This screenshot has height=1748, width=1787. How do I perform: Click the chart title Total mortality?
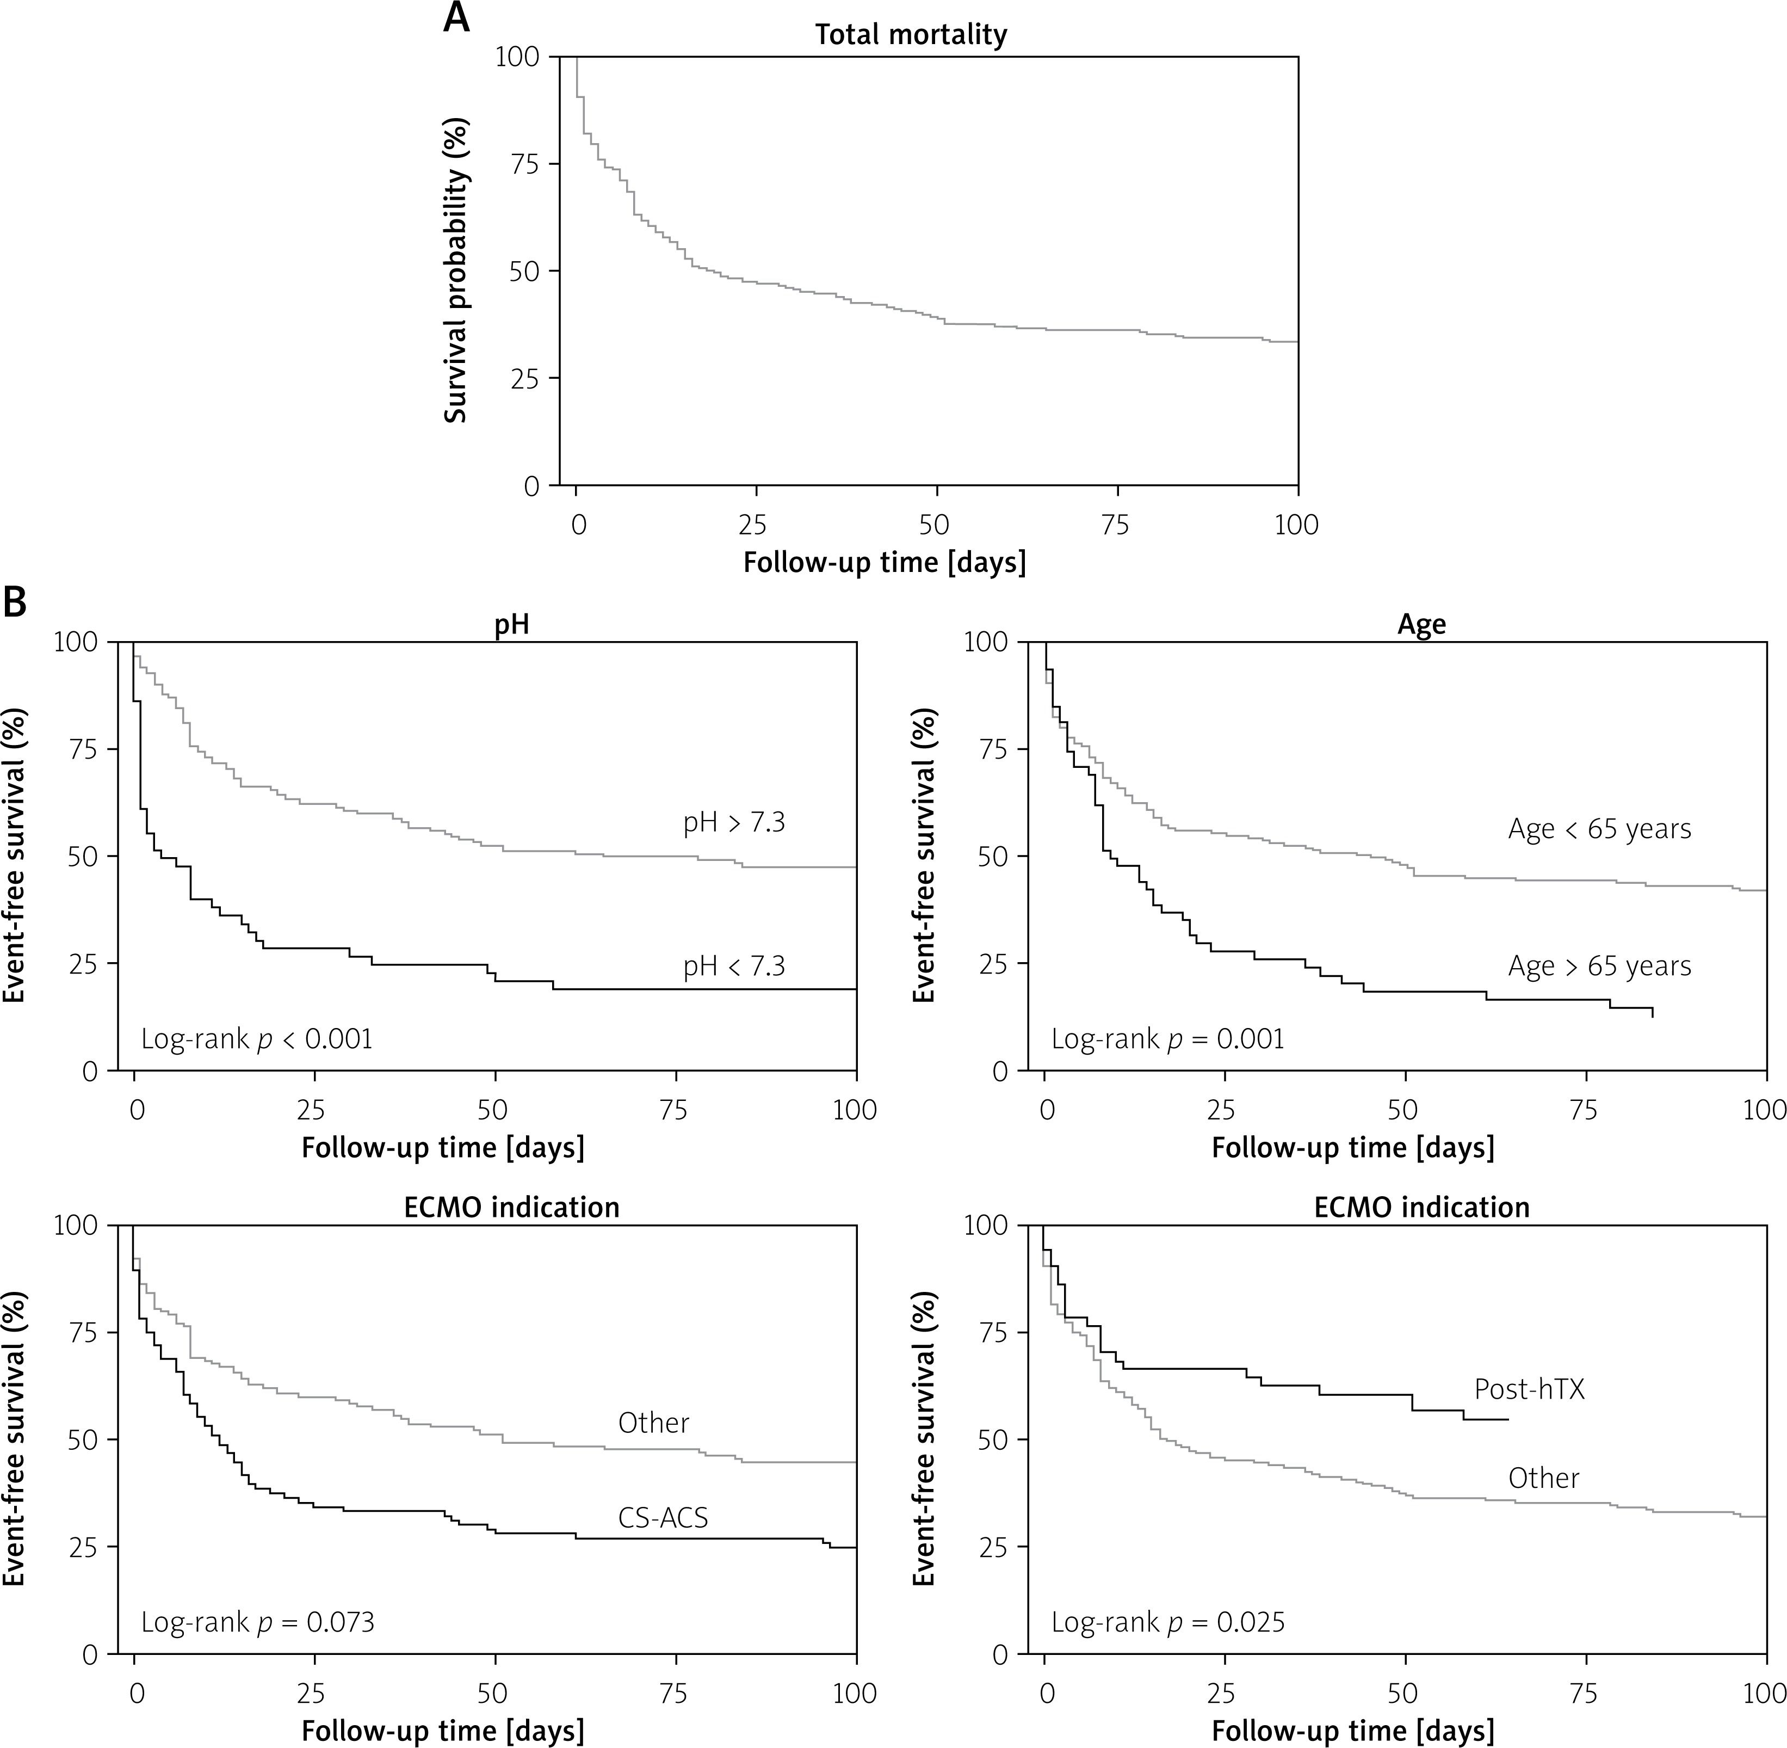coord(911,35)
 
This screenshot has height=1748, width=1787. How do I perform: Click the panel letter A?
coord(456,19)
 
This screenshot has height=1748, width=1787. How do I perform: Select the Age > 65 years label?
coord(1599,966)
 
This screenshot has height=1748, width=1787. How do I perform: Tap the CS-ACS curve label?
coord(663,1518)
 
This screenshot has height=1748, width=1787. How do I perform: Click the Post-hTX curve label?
coord(1529,1389)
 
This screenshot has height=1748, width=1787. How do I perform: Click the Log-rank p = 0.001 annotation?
coord(1167,1039)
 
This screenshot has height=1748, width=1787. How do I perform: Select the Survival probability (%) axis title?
coord(456,271)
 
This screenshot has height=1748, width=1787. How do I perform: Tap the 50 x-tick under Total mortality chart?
coord(935,525)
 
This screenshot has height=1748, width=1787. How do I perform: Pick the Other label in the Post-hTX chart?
coord(1544,1478)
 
